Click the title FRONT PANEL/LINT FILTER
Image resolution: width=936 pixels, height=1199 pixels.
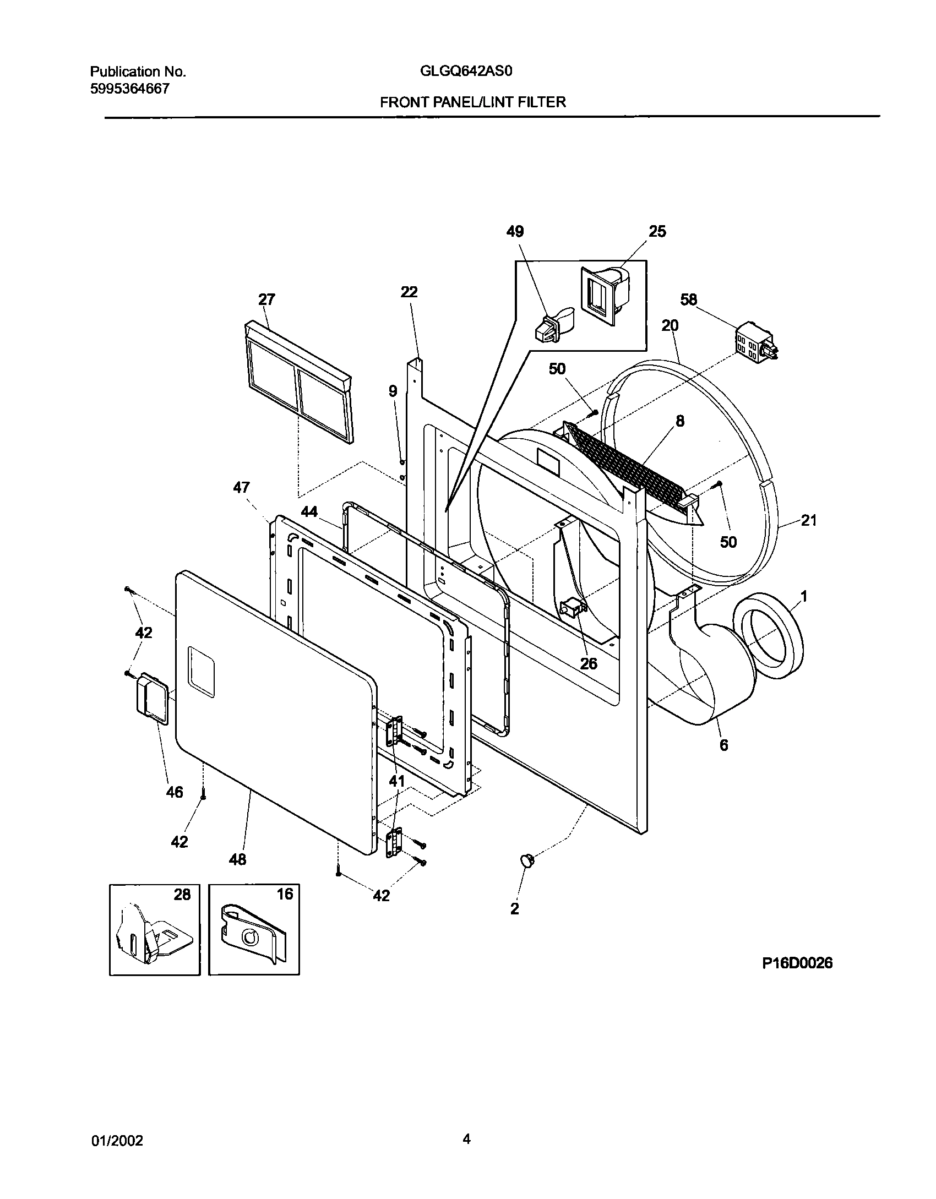(x=472, y=102)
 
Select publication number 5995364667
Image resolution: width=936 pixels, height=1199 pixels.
(x=129, y=88)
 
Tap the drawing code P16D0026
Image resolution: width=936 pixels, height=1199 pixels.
(x=797, y=963)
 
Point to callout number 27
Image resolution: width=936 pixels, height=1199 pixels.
(x=266, y=299)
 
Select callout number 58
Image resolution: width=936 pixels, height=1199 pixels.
(x=688, y=299)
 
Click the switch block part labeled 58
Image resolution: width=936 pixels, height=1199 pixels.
(x=755, y=344)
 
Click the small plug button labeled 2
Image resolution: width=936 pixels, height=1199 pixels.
(x=527, y=860)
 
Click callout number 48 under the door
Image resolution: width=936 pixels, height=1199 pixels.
(x=237, y=859)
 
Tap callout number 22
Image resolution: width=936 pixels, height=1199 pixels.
(x=409, y=292)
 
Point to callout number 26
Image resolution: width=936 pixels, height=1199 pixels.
(x=589, y=663)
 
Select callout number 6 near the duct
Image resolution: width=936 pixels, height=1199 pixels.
(x=723, y=745)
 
